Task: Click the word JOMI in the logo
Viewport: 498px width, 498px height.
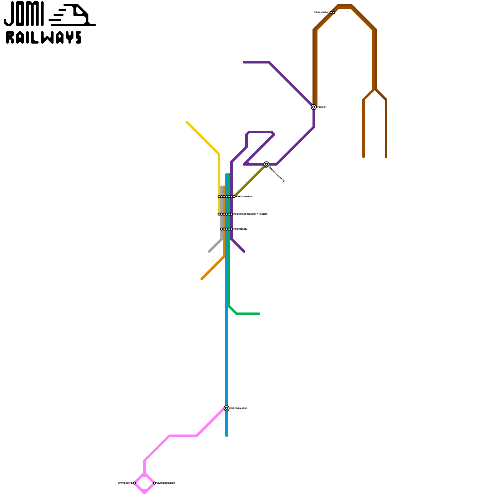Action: [24, 14]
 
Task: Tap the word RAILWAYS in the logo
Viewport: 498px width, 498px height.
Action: [44, 37]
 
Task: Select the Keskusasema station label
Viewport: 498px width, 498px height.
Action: [244, 197]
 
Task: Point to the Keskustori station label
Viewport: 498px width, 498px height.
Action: [240, 229]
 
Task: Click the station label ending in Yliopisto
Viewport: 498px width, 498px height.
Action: [250, 214]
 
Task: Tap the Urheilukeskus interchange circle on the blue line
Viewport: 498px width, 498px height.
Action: [227, 408]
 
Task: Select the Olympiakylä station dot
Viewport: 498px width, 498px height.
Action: [134, 483]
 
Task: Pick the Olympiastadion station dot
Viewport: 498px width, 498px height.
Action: [154, 483]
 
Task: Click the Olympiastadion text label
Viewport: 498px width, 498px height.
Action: [166, 483]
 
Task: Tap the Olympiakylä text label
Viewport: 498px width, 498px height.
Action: [125, 483]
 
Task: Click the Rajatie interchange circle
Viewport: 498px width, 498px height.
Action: [314, 107]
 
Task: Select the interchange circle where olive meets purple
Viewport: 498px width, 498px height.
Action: [266, 164]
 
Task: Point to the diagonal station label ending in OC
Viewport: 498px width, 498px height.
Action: [277, 175]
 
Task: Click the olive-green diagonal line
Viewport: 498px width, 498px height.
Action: [249, 182]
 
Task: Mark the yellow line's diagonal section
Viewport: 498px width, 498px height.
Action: [202, 138]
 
